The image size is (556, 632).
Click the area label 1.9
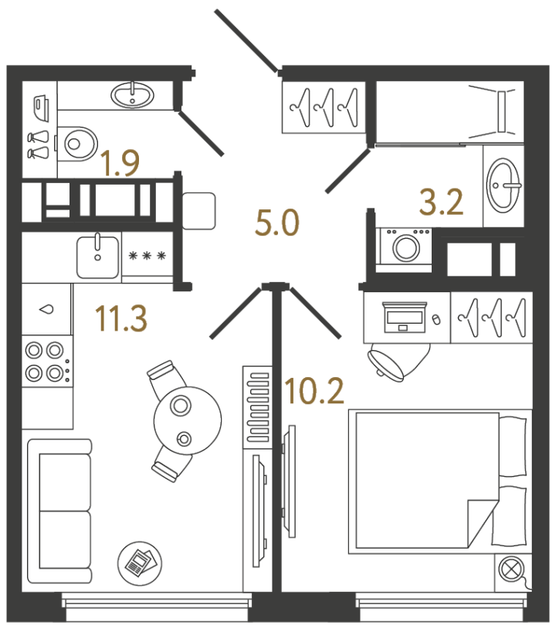pos(120,164)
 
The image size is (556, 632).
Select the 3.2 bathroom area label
pos(441,202)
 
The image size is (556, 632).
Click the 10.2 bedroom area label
pos(314,392)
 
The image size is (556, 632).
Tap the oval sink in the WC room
pos(132,95)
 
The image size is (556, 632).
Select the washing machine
pos(405,247)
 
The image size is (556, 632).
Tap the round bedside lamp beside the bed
pos(512,570)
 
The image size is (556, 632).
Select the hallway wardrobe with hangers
pos(324,106)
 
